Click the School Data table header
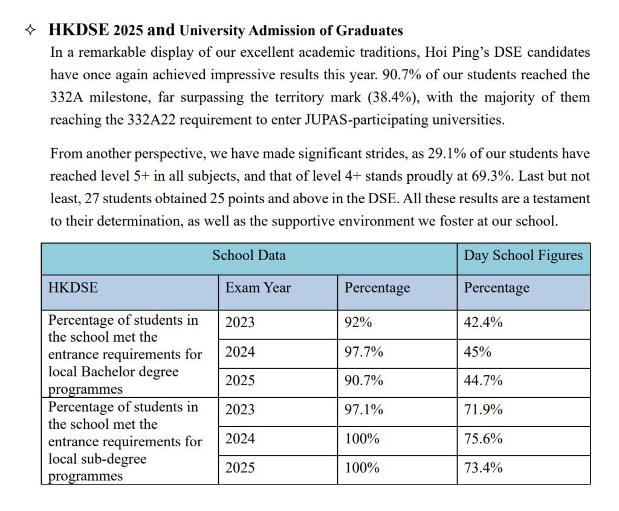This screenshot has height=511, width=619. coord(248,255)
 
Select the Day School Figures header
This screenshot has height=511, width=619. coord(523,255)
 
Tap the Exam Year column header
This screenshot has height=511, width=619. coord(258,288)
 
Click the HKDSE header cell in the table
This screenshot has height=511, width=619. coord(73,288)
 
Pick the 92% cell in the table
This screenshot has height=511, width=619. coord(358,323)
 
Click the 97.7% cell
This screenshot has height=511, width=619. coord(363,352)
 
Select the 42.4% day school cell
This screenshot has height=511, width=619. coord(483,323)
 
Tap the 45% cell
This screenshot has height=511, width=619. coord(477,352)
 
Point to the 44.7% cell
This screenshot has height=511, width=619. coord(483,381)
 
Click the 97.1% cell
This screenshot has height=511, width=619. coord(363,410)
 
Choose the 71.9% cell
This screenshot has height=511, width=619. coord(483,410)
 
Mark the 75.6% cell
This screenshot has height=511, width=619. coord(483,439)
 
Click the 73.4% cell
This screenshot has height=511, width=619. coord(483,468)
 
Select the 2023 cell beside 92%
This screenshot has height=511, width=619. coord(240,323)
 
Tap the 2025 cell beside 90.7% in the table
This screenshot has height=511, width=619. coord(240,381)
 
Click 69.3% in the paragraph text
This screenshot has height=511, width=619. coord(494,176)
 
